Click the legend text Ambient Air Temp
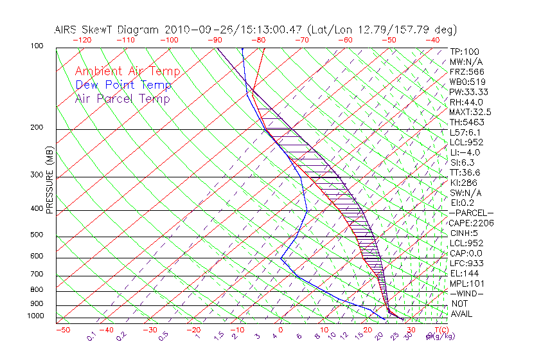click(127, 71)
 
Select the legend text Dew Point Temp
click(123, 85)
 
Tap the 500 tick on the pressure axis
click(37, 235)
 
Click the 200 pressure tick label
click(37, 128)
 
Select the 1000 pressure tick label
click(35, 316)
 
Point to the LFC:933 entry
click(467, 263)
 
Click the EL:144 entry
click(465, 273)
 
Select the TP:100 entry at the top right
click(465, 51)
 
